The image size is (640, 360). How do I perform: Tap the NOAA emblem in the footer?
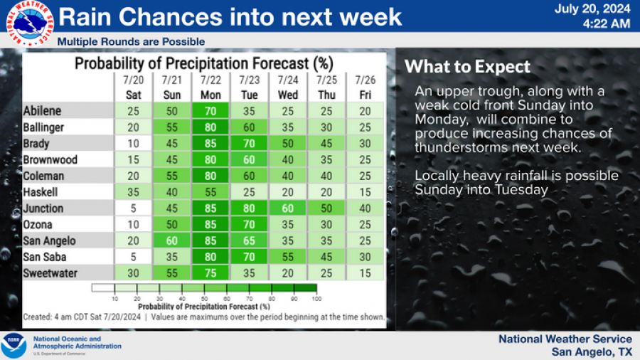point(14,345)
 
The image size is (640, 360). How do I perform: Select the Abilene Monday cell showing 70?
point(210,111)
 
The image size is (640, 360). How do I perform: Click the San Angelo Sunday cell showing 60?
point(171,241)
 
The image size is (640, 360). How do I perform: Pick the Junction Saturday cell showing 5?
point(133,208)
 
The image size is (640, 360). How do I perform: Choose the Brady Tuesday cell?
point(249,144)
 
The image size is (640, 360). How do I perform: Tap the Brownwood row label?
point(50,160)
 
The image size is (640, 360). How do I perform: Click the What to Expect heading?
point(467,68)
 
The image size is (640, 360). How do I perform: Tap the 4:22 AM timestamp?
point(606,23)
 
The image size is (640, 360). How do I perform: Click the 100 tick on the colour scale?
point(316,300)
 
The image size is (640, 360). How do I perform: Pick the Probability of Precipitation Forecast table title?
point(205,64)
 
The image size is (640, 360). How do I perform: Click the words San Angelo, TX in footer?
point(591,352)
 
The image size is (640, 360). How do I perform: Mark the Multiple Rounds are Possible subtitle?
point(131,42)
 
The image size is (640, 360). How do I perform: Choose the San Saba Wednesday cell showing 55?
point(288,258)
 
